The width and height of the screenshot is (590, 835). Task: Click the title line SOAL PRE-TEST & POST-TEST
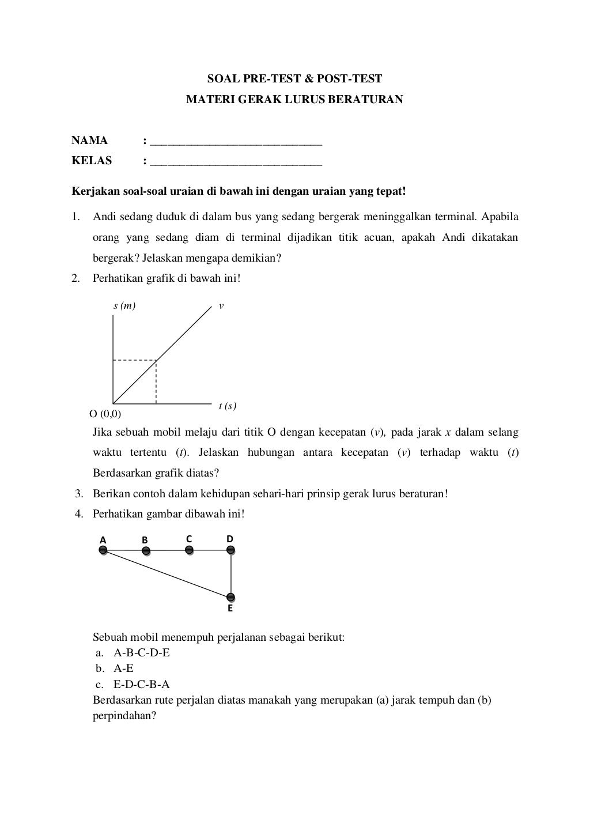pos(294,79)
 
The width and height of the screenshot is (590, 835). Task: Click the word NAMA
pos(89,141)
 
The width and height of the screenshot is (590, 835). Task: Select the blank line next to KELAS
pos(236,164)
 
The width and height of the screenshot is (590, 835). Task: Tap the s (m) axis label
pos(124,306)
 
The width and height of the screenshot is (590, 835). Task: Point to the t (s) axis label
pos(228,406)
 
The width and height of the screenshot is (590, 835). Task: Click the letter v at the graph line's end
pos(221,306)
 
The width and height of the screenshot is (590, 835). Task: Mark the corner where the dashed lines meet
pos(156,361)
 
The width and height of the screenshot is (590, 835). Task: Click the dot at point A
pos(103,550)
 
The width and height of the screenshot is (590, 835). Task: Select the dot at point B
pos(146,551)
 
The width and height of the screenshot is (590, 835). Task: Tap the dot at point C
pos(189,550)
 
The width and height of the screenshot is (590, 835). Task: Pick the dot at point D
pos(231,550)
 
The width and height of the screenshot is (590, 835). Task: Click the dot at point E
pos(230,597)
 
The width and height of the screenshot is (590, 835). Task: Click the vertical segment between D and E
pos(231,574)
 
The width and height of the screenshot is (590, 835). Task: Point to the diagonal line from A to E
pos(167,574)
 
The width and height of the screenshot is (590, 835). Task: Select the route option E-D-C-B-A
pos(142,685)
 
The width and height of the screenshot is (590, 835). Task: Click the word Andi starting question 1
pos(104,217)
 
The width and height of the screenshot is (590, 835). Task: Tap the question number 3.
pos(79,494)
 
